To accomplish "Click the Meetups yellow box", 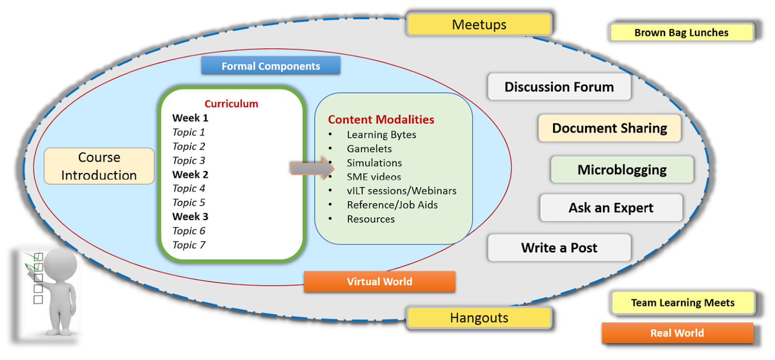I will (479, 25).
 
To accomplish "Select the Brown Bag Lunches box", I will (682, 32).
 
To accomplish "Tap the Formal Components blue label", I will (271, 66).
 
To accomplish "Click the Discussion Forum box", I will (559, 87).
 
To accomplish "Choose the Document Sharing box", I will (609, 128).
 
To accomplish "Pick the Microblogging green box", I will (622, 170).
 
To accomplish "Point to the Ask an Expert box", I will (611, 208).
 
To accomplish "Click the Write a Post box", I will (559, 248).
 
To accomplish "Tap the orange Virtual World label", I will (379, 282).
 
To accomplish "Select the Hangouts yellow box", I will (479, 318).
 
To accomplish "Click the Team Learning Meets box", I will (682, 303).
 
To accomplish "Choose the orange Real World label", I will (677, 333).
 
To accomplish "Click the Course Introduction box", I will (99, 166).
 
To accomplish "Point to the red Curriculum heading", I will (231, 104).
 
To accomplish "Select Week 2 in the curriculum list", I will (190, 174).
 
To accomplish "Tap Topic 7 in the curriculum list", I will (189, 245).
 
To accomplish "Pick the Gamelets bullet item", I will (369, 149).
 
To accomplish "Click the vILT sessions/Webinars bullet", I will (402, 191).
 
